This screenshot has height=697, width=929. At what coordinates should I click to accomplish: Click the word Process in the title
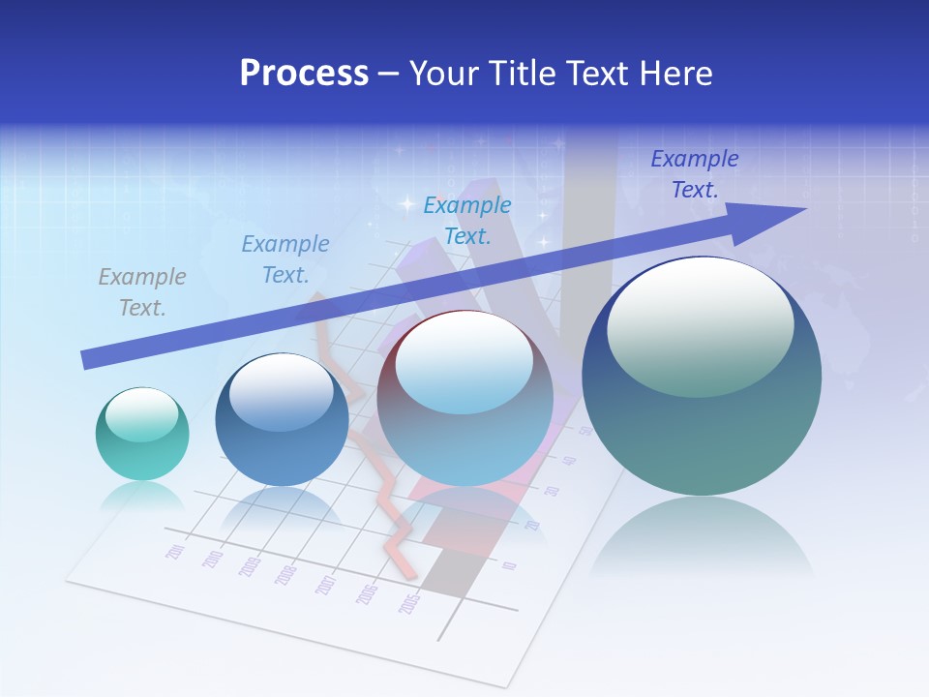coord(304,74)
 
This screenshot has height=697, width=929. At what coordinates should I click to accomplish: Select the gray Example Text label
coord(142,292)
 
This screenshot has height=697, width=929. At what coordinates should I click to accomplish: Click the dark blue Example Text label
coord(694,174)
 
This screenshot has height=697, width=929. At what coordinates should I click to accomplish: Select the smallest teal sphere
coord(142,434)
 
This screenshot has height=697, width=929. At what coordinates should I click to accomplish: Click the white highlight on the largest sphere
coord(700,327)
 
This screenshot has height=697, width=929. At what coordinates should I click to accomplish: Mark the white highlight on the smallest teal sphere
coord(141,415)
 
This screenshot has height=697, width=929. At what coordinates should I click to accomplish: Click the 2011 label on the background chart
coord(176,551)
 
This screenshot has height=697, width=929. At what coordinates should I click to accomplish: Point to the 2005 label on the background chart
coord(410,604)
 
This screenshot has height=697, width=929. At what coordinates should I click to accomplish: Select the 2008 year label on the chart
coord(285,575)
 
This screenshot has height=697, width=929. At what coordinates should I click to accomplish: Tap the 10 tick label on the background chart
coord(510,564)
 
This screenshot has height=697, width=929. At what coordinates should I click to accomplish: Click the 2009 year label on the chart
coord(250,566)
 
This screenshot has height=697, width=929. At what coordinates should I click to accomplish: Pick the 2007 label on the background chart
coord(325,585)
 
